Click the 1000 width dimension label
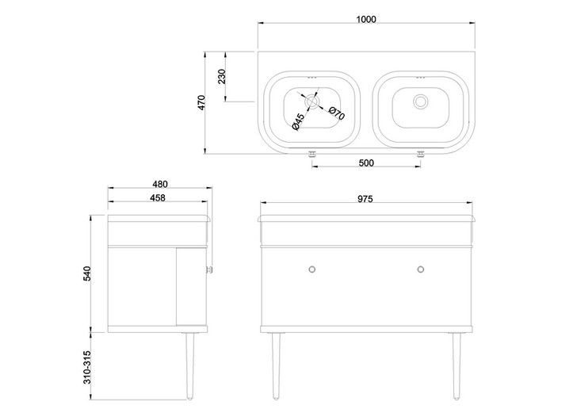coord(366,19)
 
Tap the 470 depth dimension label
coord(201,103)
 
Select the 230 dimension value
coord(222,76)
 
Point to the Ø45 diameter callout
coord(298,122)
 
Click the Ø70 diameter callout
coord(337,113)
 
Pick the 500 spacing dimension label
coord(366,162)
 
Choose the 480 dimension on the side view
coord(160,184)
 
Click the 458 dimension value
coord(158,197)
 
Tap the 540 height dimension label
coord(87,273)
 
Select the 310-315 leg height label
coord(87,367)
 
